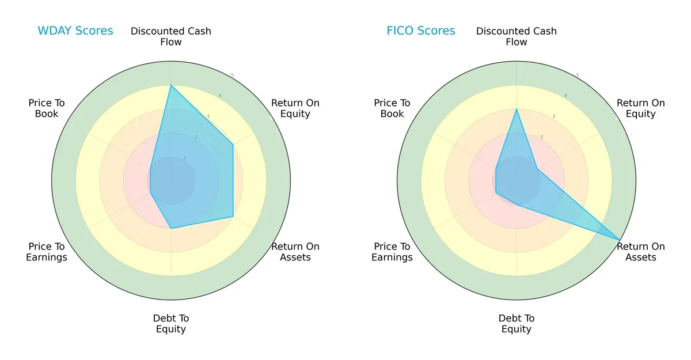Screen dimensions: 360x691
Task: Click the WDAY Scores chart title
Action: [75, 31]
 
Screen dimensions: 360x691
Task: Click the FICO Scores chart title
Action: [420, 31]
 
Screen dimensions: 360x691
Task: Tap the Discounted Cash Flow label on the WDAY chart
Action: [171, 36]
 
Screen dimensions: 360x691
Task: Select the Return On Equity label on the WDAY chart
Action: [295, 108]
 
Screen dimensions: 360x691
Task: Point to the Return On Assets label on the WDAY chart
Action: [295, 252]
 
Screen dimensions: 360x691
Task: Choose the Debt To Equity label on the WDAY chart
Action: [171, 324]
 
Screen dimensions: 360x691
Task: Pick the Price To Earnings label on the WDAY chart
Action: [47, 252]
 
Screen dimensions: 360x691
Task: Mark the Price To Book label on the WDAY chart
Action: [47, 108]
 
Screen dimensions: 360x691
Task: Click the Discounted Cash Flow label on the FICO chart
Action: [517, 36]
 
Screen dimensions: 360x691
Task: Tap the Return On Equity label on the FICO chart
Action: [641, 108]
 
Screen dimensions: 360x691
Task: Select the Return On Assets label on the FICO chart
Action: [641, 252]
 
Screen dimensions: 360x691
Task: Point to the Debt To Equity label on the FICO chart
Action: [517, 324]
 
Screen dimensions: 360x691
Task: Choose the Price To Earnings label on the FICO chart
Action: [392, 252]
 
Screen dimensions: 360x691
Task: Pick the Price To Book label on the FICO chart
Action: [392, 108]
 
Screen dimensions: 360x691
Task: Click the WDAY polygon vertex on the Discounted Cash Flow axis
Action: [171, 85]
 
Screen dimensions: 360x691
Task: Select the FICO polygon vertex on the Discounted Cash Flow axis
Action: [517, 109]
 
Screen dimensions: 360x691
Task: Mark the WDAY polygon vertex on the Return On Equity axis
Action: [233, 145]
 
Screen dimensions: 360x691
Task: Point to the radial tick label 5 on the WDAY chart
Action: [232, 75]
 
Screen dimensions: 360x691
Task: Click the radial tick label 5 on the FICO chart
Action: [578, 75]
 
